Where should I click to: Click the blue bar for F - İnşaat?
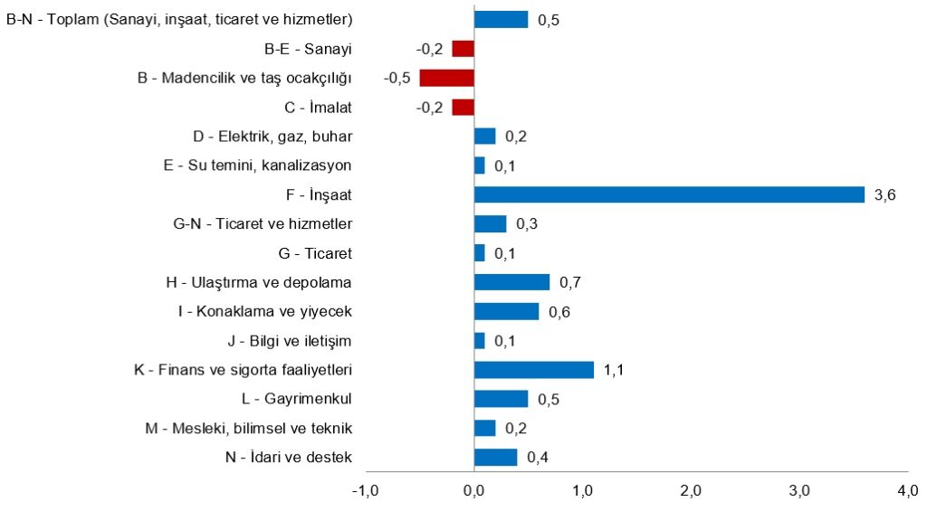click(x=670, y=194)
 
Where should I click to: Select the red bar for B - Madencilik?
click(x=447, y=78)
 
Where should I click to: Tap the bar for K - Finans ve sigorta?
click(x=534, y=370)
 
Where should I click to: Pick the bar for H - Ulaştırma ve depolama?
click(x=512, y=282)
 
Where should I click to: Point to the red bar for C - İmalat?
click(x=463, y=107)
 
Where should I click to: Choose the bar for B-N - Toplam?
click(x=502, y=19)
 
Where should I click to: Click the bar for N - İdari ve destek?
click(x=496, y=458)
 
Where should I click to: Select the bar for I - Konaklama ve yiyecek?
click(x=507, y=311)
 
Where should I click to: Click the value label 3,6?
click(x=884, y=194)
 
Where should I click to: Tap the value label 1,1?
click(x=614, y=370)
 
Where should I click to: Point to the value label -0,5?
click(x=397, y=78)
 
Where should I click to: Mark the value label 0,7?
click(x=569, y=282)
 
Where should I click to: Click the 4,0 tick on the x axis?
click(x=907, y=491)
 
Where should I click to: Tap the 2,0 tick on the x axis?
click(x=691, y=491)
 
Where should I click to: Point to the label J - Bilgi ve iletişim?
click(x=290, y=341)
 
